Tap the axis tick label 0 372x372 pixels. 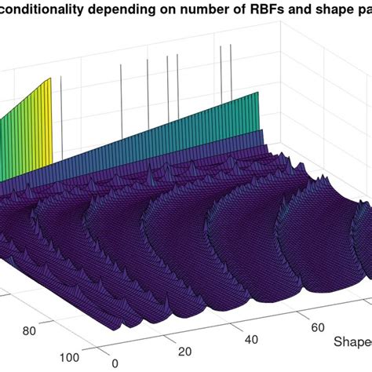pos(115,363)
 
